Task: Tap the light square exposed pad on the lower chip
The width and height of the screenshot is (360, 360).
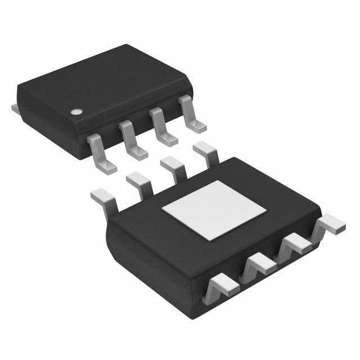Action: (214, 206)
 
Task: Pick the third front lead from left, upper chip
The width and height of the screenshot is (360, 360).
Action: (163, 130)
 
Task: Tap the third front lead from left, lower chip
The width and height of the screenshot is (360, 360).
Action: (294, 243)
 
